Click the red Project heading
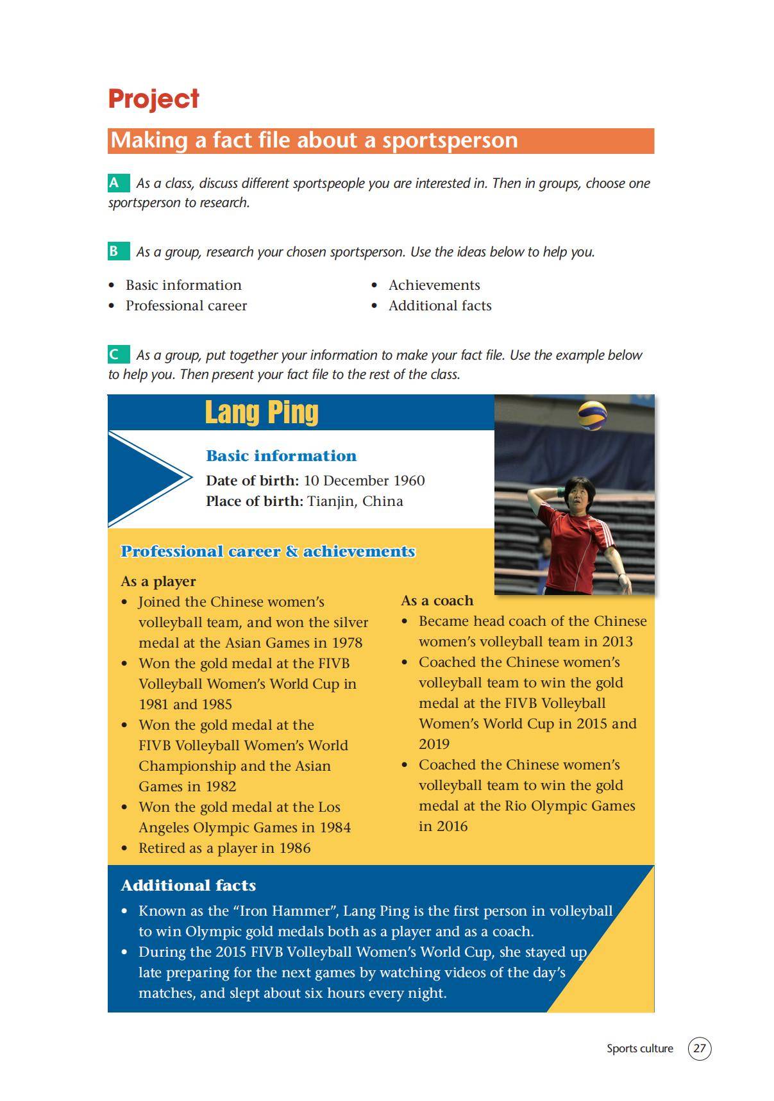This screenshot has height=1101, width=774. [153, 99]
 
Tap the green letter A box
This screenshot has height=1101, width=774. [115, 183]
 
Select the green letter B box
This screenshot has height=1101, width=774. [115, 251]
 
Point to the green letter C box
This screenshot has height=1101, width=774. [115, 355]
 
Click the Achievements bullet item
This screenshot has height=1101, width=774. [433, 285]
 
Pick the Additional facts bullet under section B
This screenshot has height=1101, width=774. [439, 306]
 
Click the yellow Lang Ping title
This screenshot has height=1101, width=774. [261, 412]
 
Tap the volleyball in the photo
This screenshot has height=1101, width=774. [592, 416]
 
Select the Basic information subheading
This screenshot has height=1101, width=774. [281, 456]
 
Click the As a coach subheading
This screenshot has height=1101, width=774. [437, 601]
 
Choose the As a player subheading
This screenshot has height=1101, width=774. [158, 582]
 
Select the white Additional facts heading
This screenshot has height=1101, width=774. [188, 886]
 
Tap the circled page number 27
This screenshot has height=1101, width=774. [700, 1048]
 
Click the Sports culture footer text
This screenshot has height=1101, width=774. [639, 1048]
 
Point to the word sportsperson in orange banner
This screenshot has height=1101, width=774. [450, 140]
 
